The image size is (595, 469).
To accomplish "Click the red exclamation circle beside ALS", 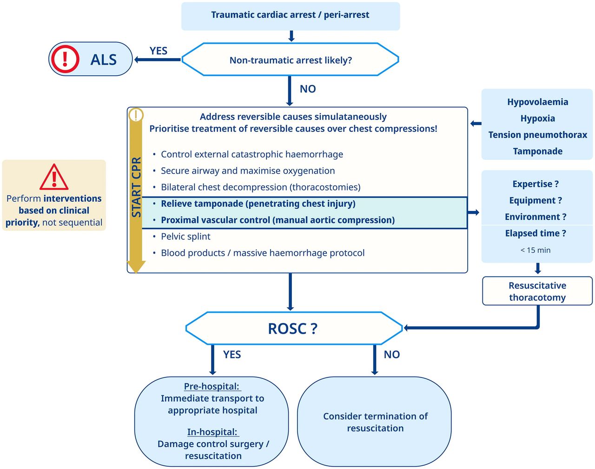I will pos(65,59).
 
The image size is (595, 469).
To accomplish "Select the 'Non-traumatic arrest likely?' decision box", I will pos(291,60).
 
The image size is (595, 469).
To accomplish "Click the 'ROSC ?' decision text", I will pos(293,329).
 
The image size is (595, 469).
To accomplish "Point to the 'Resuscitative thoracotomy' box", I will pos(537,291).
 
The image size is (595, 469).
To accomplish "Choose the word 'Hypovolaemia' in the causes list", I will pos(537,102).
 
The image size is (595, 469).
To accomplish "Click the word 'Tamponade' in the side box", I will pos(537,151).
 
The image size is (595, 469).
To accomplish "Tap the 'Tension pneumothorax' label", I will pos(537,135).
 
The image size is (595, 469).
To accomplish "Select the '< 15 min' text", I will pos(535,250).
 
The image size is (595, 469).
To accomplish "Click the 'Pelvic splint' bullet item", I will pos(185,237).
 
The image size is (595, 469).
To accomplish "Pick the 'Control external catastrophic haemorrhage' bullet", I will pos(252,154).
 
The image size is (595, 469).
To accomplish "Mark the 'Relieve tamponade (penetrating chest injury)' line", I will pos(258,204).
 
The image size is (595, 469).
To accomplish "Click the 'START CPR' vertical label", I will pos(136,187).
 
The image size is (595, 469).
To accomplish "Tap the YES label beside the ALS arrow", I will pos(159,51).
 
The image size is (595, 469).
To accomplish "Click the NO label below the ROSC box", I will pos(391,355).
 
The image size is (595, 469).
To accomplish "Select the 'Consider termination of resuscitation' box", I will pos(375,422).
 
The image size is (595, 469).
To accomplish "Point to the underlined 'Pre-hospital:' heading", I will pos(212,386).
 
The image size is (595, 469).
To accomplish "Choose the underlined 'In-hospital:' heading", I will pos(212,432).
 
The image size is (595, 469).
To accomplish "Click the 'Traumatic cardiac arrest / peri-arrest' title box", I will pos(291,15).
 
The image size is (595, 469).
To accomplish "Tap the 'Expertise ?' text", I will pos(535,184).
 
